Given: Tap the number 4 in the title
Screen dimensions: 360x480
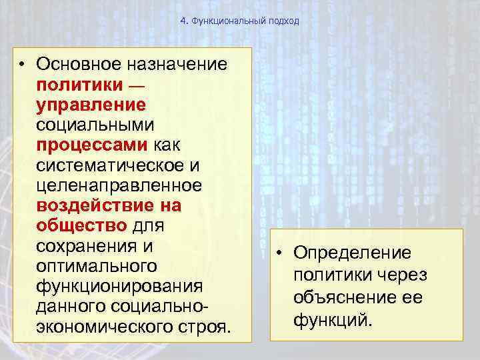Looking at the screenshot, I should pos(183,21).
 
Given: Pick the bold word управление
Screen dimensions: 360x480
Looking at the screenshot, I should pos(91,105).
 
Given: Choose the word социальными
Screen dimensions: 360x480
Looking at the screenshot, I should pos(95,125).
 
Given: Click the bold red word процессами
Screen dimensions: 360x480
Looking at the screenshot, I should pos(94,145).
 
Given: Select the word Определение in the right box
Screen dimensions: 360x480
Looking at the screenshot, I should pos(353,254).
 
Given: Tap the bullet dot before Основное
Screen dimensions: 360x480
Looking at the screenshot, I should pos(23,65).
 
